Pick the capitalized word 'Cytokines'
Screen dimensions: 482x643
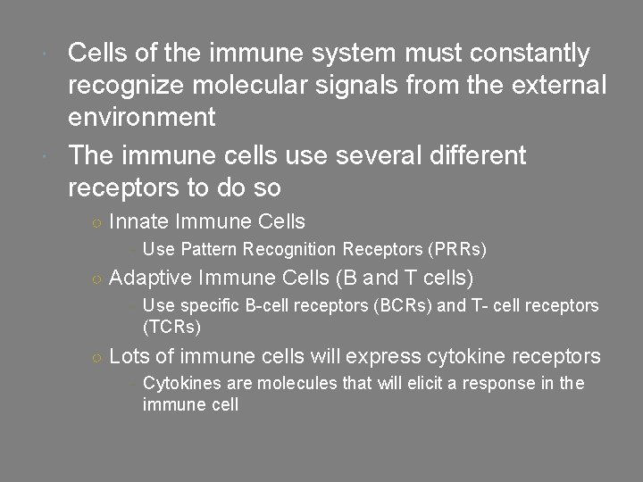tap(175, 385)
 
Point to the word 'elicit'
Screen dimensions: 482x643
tap(413, 385)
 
